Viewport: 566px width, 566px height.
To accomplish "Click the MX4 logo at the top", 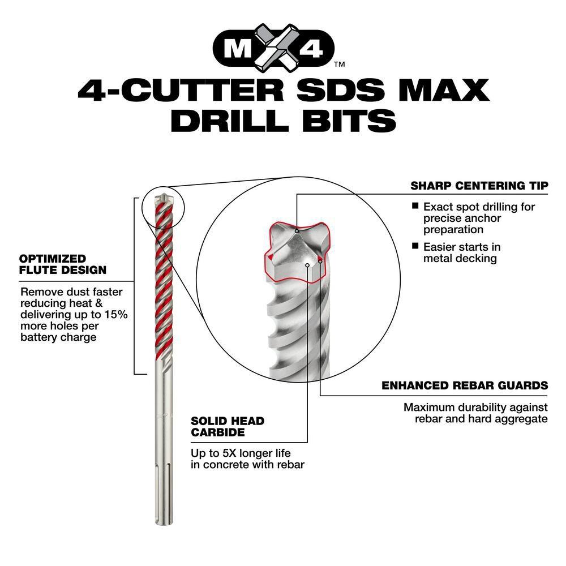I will click(x=276, y=48).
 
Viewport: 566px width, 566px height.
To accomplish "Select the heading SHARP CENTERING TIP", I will click(x=479, y=186).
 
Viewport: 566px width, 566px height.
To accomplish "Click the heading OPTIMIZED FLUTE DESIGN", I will click(x=62, y=264).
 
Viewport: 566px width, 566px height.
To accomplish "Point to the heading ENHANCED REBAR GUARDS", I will click(x=465, y=385).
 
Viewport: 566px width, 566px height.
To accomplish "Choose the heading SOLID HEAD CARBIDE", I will click(x=227, y=427).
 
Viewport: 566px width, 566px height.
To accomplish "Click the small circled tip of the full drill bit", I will click(x=168, y=202).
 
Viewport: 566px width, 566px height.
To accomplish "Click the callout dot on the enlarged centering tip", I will click(x=297, y=231).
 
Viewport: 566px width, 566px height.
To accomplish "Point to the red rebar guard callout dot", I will click(x=320, y=261).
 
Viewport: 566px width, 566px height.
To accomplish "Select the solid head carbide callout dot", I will click(x=307, y=264).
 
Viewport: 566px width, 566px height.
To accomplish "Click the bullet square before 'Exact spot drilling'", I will click(x=415, y=207).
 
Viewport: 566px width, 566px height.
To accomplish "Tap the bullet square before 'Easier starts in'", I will click(x=415, y=246).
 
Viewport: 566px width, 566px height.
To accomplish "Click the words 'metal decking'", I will click(x=460, y=258).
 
